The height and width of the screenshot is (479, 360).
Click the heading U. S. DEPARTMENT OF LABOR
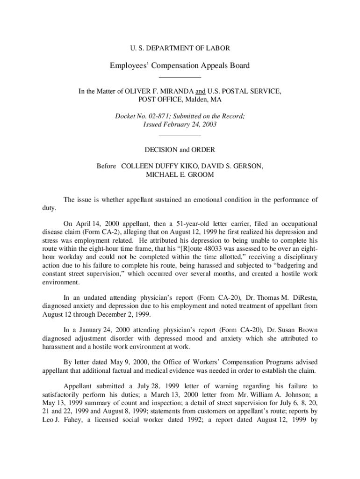180,48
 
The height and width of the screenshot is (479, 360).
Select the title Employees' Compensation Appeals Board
180,65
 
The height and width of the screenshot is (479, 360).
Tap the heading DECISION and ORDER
180,150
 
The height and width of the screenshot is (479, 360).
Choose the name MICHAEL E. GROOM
180,174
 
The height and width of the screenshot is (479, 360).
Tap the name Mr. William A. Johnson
259,395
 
